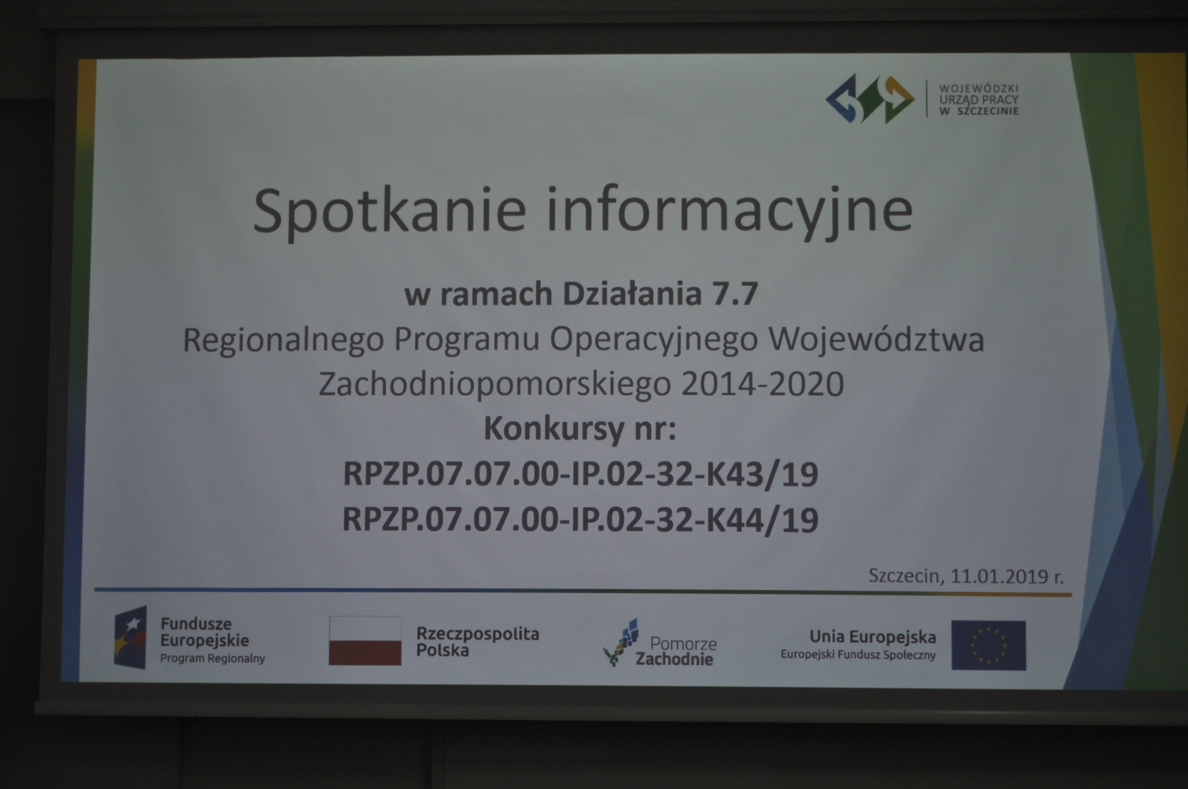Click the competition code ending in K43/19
pyautogui.click(x=581, y=475)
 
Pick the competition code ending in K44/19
pyautogui.click(x=580, y=519)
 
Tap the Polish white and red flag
pyautogui.click(x=365, y=641)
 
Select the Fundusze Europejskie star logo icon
pyautogui.click(x=130, y=638)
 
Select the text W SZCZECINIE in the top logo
pyautogui.click(x=979, y=111)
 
